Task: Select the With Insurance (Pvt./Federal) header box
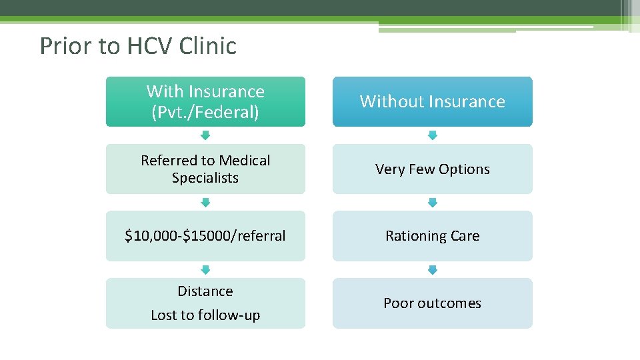tap(205, 101)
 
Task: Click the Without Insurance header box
tap(433, 101)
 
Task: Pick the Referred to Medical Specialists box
tap(205, 169)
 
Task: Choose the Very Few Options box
tap(433, 169)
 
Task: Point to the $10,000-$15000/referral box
tap(205, 235)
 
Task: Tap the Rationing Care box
tap(433, 235)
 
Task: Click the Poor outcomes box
tap(433, 303)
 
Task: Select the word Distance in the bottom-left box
tap(205, 291)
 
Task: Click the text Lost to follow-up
tap(205, 315)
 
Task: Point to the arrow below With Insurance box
tap(205, 135)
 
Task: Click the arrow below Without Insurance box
tap(433, 135)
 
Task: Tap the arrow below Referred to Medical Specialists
tap(205, 202)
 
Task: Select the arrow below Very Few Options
tap(433, 202)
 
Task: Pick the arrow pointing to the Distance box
tap(205, 269)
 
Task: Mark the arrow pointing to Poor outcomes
tap(433, 269)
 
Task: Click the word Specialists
tap(205, 178)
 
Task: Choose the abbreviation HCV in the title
tap(141, 46)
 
